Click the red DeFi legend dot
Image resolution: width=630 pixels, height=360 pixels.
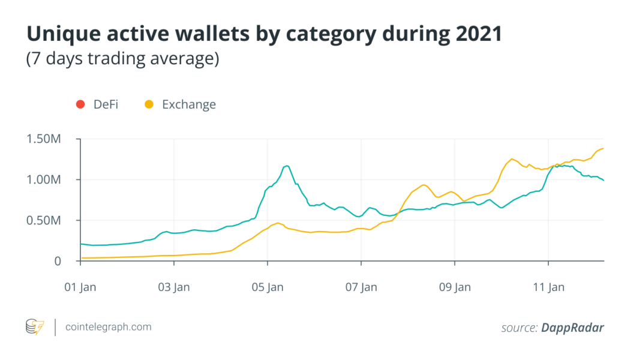[80, 104]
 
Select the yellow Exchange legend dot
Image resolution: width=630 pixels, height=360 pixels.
[149, 104]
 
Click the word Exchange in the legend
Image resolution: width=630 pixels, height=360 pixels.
[188, 104]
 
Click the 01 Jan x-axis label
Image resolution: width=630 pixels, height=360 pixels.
[80, 287]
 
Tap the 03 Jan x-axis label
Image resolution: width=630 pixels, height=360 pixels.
[173, 287]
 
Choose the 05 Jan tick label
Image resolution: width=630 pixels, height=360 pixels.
[267, 287]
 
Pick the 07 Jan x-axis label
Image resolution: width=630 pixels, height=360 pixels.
[361, 287]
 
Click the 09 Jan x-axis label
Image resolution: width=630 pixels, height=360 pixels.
[454, 287]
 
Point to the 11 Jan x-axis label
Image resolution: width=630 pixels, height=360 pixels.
[548, 287]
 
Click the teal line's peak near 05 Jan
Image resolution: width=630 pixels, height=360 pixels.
[287, 166]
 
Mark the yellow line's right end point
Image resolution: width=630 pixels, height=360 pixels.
[603, 148]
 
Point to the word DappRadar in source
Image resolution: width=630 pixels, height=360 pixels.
[572, 328]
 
